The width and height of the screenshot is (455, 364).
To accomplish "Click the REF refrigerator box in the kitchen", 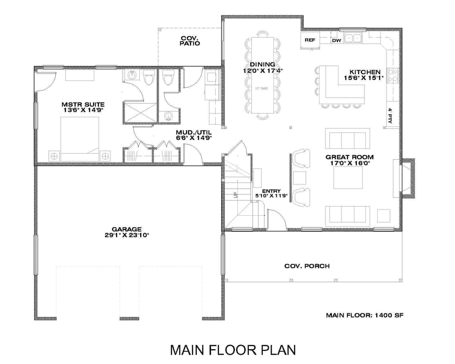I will pos(309,40).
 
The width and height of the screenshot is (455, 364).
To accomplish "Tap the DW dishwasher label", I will pos(337,41).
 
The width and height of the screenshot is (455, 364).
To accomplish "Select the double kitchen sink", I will pos(353,38).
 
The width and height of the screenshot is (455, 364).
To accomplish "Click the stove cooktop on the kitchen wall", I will pos(393,75).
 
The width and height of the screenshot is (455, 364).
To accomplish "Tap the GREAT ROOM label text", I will pos(349,157).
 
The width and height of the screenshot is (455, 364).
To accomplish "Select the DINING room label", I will pos(263,64).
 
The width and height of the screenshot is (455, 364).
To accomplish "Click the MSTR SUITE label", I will pos(83,104).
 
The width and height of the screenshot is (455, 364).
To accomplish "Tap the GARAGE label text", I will pos(127,229).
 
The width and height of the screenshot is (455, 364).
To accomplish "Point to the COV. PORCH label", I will pos(307,266).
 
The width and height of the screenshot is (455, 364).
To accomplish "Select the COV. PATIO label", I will pos(190,40).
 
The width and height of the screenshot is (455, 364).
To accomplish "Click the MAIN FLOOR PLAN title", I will pos(233,350).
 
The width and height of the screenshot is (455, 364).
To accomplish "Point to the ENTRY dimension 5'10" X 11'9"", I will pos(268,196).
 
